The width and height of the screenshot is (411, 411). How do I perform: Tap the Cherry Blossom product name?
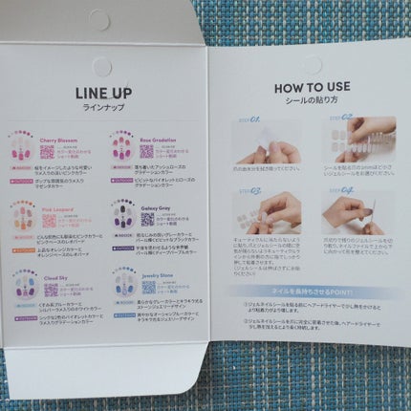(x=66, y=140)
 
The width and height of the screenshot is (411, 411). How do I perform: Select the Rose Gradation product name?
(x=160, y=140)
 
